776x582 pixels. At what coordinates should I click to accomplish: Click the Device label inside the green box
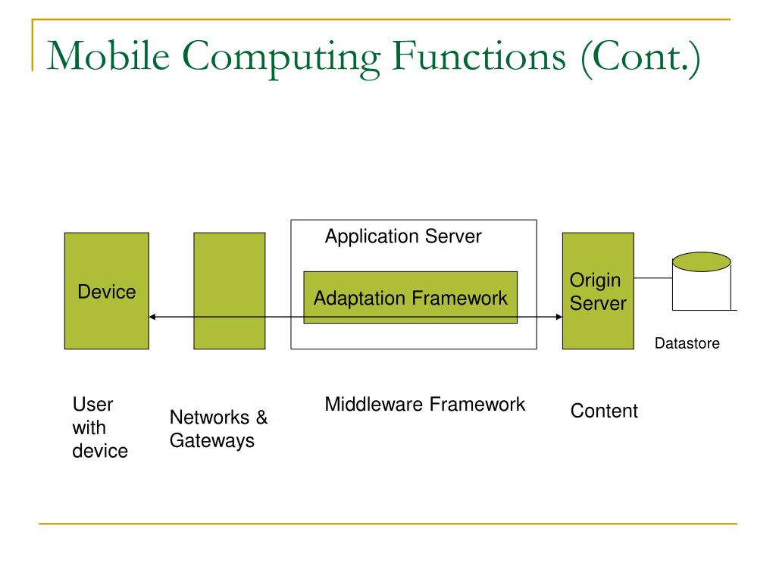click(x=107, y=292)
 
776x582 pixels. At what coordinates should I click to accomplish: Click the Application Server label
click(x=403, y=236)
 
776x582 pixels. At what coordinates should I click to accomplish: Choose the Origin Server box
click(x=598, y=291)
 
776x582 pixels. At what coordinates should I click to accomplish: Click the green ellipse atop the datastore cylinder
click(x=701, y=262)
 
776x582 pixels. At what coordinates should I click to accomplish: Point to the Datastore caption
click(x=687, y=344)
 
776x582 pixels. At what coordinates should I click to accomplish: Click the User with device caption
click(x=99, y=427)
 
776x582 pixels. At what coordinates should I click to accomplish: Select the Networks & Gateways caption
click(x=218, y=429)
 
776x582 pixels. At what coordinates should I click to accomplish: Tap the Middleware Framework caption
click(x=424, y=405)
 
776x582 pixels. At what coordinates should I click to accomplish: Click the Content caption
click(x=604, y=411)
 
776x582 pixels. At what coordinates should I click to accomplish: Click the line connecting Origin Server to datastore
click(x=652, y=278)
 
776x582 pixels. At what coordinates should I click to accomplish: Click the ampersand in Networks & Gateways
click(x=261, y=418)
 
